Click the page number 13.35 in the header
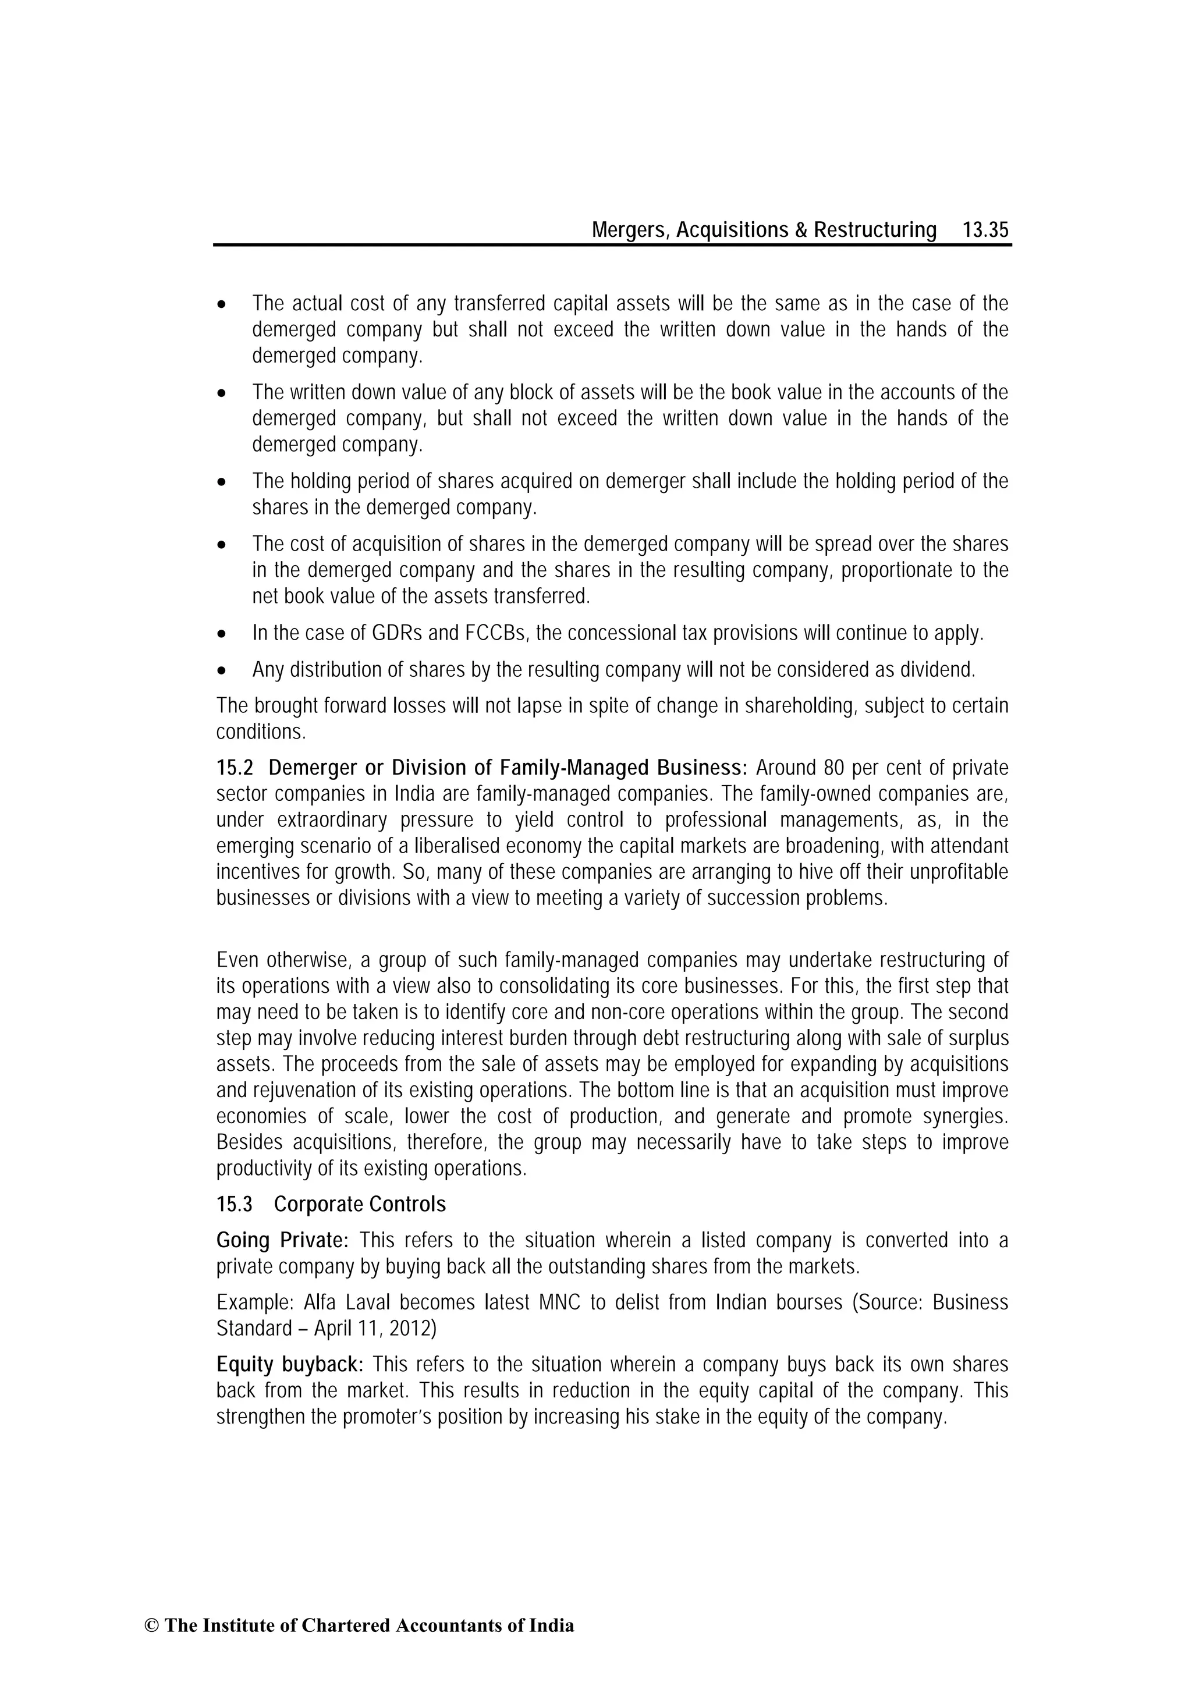click(x=985, y=230)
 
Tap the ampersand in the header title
click(x=800, y=230)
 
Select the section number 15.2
click(x=235, y=768)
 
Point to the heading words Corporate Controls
click(x=360, y=1204)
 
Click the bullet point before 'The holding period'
click(x=222, y=482)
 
